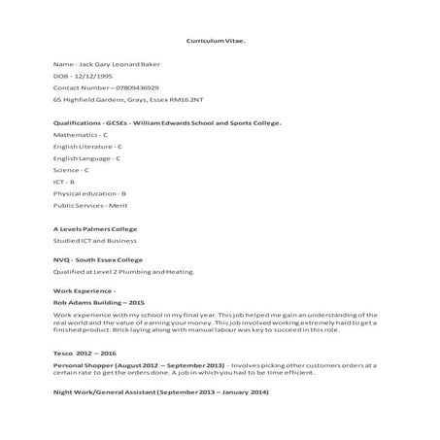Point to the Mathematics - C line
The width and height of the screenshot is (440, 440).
[x=82, y=135]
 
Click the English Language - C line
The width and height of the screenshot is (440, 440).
[x=86, y=158]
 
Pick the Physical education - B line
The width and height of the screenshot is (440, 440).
[x=91, y=193]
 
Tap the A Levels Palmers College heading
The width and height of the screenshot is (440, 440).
[x=94, y=229]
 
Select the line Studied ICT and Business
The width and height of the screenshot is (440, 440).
[x=94, y=240]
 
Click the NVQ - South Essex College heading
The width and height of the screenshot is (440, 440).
[x=97, y=260]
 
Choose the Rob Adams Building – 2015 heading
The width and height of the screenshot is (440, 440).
[x=98, y=303]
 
